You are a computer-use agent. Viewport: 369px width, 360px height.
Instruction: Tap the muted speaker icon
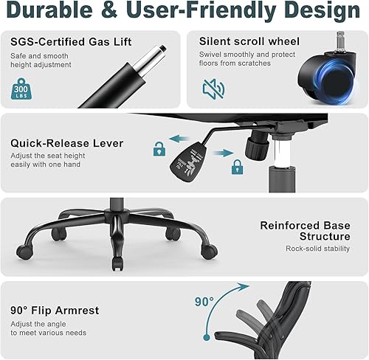(213, 89)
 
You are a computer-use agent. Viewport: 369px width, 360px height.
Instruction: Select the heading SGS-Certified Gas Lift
(71, 41)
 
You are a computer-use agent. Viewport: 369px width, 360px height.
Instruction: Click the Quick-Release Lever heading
(67, 143)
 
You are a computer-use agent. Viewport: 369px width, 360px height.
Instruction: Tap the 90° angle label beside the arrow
(204, 302)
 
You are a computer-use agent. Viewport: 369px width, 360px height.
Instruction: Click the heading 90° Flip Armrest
(55, 310)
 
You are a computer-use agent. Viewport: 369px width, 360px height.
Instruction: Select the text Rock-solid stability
(318, 249)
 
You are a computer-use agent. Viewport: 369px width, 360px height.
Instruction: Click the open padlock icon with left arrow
(159, 148)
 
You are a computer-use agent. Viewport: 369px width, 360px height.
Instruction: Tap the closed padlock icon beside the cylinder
(237, 168)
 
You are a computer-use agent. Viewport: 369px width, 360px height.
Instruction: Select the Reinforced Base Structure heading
(305, 231)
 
